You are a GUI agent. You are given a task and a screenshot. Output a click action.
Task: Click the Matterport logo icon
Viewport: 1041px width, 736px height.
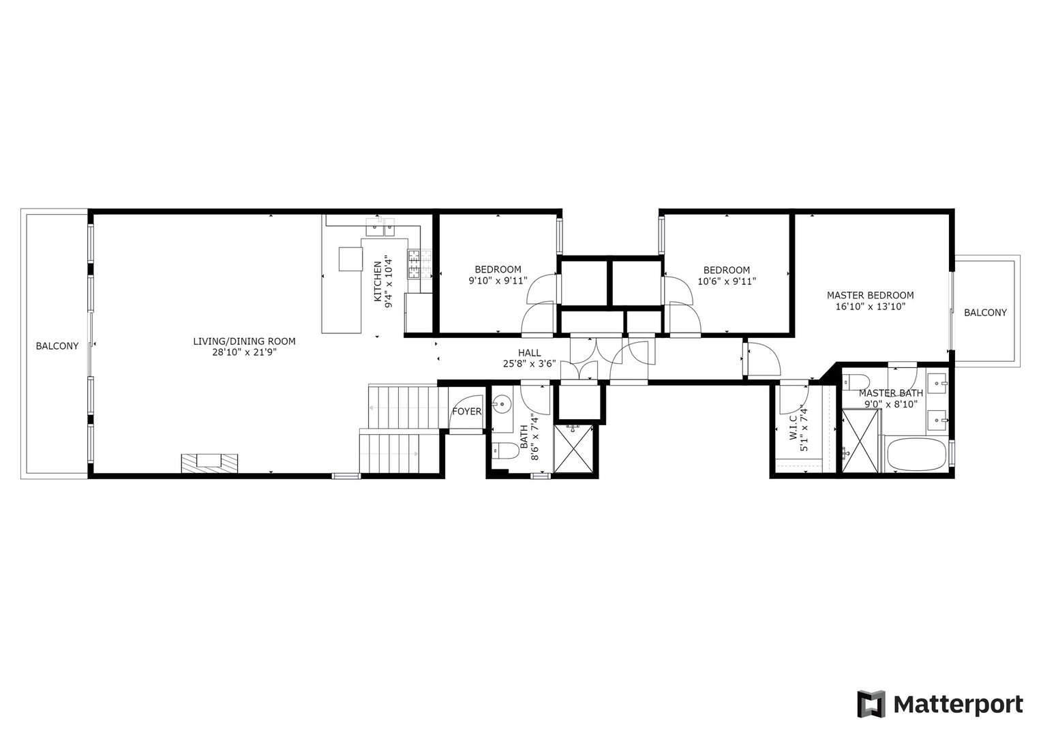coord(871,704)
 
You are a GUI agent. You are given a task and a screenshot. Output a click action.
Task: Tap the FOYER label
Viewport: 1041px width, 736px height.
coord(467,412)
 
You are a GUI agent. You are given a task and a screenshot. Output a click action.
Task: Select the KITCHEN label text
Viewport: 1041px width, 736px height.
coord(377,281)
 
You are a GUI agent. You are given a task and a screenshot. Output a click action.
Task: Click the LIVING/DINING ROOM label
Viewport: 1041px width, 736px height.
coord(244,341)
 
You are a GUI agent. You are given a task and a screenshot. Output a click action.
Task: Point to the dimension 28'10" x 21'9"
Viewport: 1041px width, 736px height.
coord(244,352)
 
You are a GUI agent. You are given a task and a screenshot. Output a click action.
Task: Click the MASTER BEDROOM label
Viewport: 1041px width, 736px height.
coord(870,295)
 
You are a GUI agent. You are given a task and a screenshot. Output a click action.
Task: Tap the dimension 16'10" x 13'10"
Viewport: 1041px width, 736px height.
coord(870,307)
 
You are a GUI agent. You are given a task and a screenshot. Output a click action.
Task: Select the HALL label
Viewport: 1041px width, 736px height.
coord(529,353)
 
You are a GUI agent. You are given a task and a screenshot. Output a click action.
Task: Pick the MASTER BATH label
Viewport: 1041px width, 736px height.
coord(890,393)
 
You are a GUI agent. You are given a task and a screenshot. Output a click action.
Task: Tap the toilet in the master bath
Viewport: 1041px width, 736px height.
coord(856,381)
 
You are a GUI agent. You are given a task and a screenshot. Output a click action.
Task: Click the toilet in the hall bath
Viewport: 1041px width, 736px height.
coord(504,451)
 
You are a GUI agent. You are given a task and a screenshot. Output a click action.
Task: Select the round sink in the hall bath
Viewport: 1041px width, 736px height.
coord(503,404)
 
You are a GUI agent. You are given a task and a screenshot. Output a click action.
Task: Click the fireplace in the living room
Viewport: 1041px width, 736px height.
coord(210,463)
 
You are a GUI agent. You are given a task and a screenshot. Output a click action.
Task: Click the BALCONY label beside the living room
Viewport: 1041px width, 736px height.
coord(57,346)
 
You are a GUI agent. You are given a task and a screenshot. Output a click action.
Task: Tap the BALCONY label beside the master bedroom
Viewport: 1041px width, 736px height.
coord(985,313)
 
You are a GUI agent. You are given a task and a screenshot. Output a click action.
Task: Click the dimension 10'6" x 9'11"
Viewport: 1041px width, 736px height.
coord(727,281)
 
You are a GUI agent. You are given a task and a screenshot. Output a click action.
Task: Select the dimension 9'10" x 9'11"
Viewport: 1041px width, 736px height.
coord(498,280)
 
